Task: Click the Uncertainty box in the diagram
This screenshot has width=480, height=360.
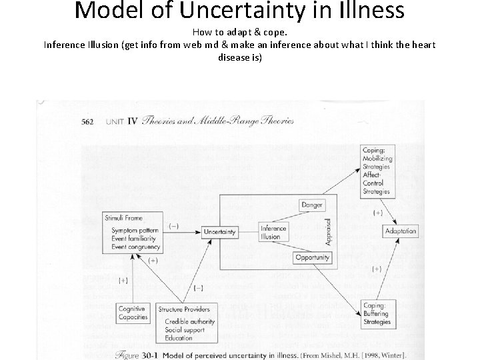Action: [x=220, y=232]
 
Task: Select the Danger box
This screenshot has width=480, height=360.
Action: [x=312, y=205]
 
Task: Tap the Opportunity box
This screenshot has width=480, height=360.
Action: [x=312, y=257]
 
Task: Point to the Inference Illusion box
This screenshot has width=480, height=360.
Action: [x=273, y=232]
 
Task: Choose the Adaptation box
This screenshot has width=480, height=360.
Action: [x=400, y=231]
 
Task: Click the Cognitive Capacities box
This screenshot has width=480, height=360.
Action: [x=132, y=313]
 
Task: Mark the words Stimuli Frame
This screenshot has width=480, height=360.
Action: [x=123, y=218]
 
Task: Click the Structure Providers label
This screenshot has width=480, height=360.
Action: [x=184, y=309]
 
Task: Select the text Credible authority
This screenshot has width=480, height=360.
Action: [x=190, y=321]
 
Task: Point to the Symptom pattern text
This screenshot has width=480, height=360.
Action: [x=135, y=231]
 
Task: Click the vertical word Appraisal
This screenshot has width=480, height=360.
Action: [x=327, y=231]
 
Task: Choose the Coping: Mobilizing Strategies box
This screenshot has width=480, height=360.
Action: [x=377, y=171]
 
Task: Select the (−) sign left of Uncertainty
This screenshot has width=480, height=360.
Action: [x=173, y=226]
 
